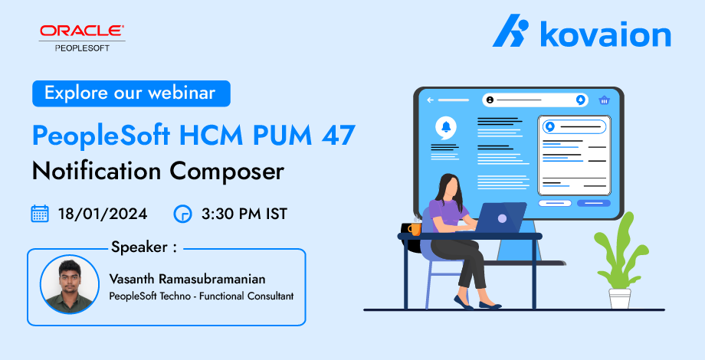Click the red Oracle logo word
[82, 31]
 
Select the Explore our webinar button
[131, 93]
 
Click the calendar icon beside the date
[40, 214]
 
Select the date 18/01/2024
[103, 214]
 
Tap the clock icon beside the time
[182, 214]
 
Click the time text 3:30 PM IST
[244, 214]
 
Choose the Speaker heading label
[144, 247]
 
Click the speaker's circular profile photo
[70, 284]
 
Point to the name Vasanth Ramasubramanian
[187, 279]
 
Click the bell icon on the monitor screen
[446, 127]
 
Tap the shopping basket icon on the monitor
[604, 100]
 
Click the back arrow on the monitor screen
[431, 100]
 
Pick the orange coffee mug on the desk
[414, 229]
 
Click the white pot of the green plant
[620, 299]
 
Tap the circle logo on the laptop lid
[502, 218]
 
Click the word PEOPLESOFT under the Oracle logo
[82, 48]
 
